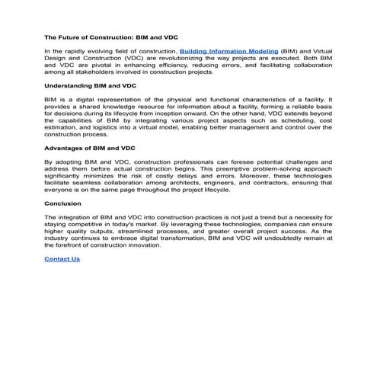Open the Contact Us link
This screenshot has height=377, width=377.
point(62,259)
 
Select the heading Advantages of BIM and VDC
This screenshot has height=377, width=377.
point(90,147)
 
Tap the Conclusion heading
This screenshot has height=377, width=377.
point(62,203)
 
